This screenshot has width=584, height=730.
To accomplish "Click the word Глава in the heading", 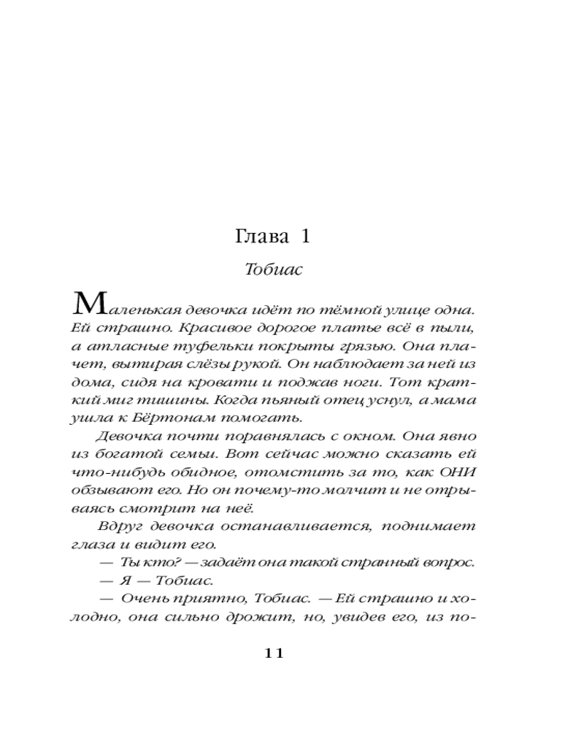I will (259, 237).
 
